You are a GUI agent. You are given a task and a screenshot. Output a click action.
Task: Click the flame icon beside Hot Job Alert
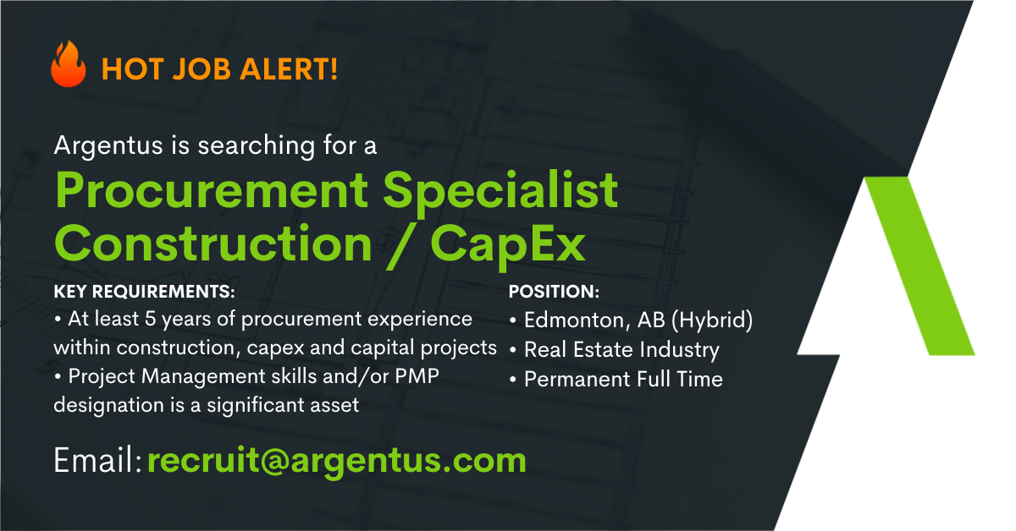coord(68,64)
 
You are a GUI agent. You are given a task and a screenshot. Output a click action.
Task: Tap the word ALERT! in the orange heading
coord(289,69)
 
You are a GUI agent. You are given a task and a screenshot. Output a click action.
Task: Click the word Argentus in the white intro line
coord(108,146)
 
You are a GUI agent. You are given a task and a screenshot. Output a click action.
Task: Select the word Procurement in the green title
coord(212,191)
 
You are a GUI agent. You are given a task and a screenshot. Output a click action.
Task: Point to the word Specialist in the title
coord(500,191)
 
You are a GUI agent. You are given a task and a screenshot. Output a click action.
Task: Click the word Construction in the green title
coord(213,244)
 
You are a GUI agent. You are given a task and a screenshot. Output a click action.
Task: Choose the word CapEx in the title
coord(508,246)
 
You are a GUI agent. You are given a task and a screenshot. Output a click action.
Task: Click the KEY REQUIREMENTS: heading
coord(144,292)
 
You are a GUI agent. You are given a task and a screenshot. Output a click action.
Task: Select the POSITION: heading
coord(554,292)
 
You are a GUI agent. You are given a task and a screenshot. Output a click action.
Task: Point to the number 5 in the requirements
coord(150,319)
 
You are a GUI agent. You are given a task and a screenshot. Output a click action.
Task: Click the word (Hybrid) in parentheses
coord(712,320)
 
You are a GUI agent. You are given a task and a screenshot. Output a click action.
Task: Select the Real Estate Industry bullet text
coord(621,350)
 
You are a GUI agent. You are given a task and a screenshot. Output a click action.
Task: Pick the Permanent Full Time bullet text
coord(623,379)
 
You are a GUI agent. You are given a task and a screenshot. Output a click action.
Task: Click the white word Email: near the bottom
coord(98,460)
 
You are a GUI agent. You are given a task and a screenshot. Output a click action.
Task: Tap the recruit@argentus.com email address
coord(337,461)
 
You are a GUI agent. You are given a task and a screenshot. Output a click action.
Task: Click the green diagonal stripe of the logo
coord(921,267)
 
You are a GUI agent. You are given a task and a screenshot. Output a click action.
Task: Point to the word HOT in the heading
coord(132,69)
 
